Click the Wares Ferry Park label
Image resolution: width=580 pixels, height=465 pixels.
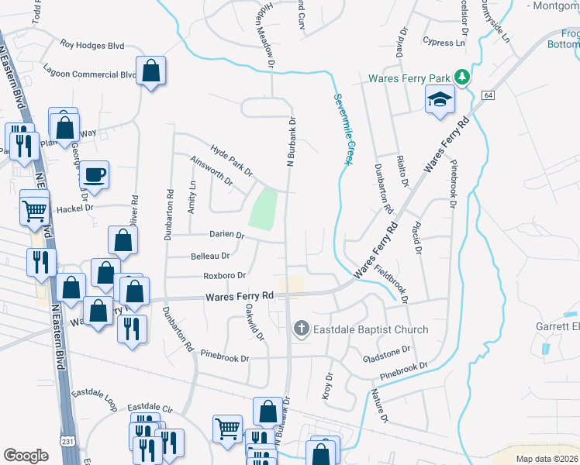(409, 78)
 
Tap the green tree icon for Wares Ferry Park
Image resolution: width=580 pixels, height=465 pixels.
(462, 77)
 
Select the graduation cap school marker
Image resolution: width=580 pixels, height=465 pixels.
(440, 100)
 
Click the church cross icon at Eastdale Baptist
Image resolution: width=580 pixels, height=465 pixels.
(302, 329)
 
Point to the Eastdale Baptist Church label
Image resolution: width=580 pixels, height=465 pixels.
(370, 329)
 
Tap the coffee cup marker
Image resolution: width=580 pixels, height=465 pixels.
(95, 174)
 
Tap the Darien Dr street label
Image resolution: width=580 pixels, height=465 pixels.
(226, 235)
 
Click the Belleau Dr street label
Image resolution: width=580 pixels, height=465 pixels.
(209, 256)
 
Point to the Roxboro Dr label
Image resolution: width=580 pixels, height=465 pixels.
(224, 275)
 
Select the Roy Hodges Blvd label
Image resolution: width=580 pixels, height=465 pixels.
(92, 46)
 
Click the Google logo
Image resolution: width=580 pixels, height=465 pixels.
(26, 456)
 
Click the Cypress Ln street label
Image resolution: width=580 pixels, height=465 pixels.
(444, 42)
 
